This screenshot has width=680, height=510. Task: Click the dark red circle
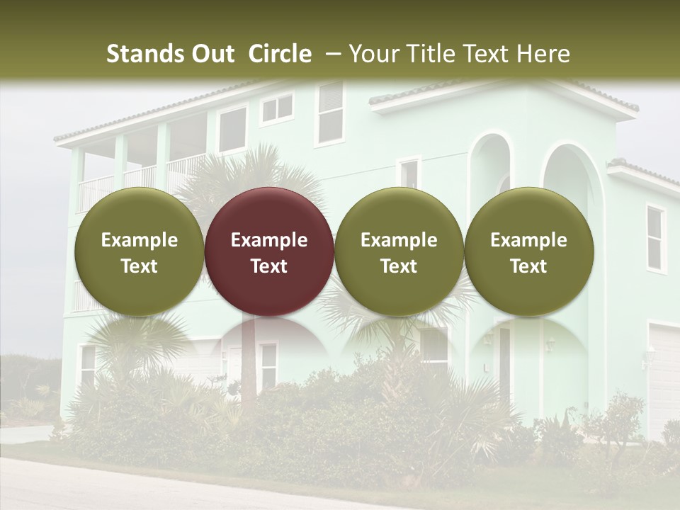(269, 251)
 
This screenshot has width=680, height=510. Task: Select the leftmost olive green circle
(139, 251)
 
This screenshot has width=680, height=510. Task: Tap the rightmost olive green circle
(528, 251)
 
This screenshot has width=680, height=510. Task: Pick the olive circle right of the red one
(399, 251)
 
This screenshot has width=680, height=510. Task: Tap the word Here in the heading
(543, 54)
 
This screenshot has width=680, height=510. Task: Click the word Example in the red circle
(269, 240)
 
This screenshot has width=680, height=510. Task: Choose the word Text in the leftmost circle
(139, 266)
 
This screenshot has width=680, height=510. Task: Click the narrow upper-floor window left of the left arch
(409, 174)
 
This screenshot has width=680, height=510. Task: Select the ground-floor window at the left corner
(88, 365)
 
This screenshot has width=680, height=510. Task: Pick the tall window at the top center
(330, 113)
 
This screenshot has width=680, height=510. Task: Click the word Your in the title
(375, 54)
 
